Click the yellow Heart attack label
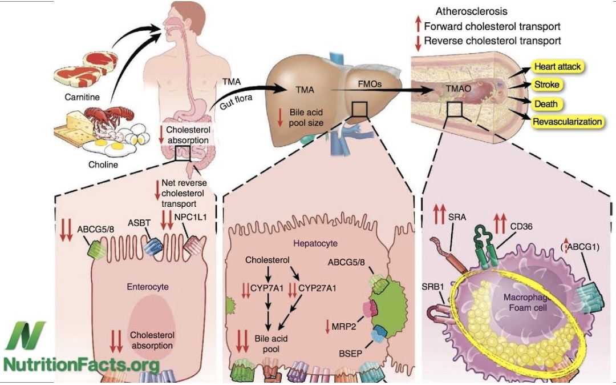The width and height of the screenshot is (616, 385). tap(557, 67)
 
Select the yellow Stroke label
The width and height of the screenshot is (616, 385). tap(546, 85)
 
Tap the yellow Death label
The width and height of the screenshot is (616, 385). tap(545, 104)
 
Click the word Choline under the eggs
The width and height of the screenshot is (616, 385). tap(103, 165)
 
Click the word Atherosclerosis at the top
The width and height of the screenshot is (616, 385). tap(471, 11)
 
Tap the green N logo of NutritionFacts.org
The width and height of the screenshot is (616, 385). tap(23, 334)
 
